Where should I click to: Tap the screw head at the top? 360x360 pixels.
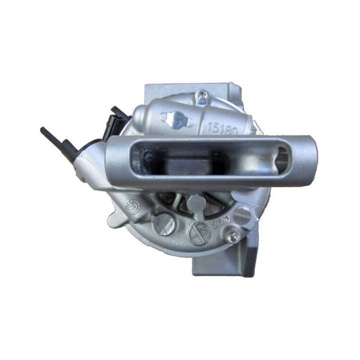tap(202, 93)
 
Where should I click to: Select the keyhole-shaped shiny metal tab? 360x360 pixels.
tap(176, 119)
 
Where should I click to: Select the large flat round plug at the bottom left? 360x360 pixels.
tap(163, 224)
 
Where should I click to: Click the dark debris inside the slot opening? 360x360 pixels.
tap(147, 159)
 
